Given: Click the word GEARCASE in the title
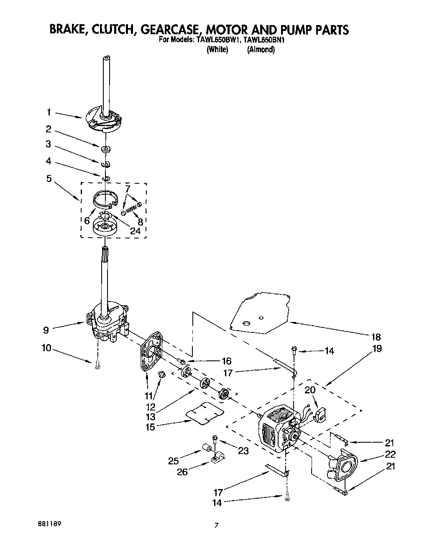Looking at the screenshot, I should pos(168,30).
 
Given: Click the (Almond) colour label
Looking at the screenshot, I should pos(261,50).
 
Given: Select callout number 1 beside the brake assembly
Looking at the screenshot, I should pos(49,112).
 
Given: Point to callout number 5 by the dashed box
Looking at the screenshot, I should pos(49,179).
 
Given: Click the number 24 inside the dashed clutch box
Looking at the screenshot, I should pos(135,231).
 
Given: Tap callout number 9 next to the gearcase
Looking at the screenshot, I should pos(46,330).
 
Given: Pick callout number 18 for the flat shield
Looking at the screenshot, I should pos(376,337).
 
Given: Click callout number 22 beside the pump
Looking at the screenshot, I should pos(391,454).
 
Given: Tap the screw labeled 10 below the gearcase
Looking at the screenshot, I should pos(97,364).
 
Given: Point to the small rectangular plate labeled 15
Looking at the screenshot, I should pos(204,413).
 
